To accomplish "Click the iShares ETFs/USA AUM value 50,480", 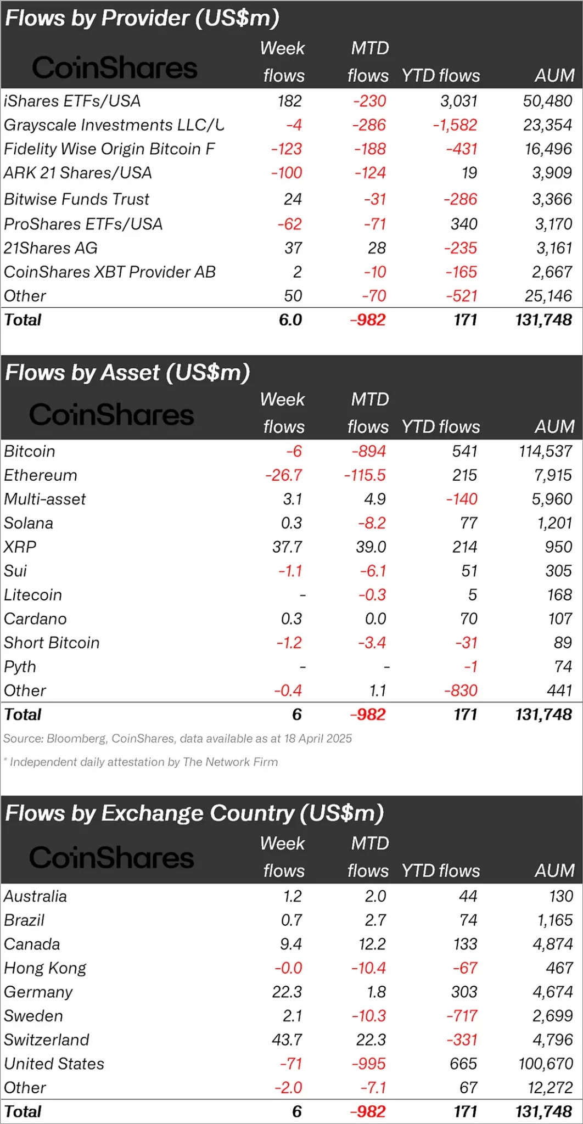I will [547, 101].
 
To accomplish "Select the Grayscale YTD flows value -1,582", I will [455, 125].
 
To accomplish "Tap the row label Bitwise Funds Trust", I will [77, 199].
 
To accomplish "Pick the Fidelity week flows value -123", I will [287, 149].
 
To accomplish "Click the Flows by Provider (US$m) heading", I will [142, 19].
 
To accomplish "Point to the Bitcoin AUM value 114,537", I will [545, 451].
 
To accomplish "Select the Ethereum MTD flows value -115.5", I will [365, 475].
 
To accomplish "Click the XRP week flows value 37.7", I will [287, 547].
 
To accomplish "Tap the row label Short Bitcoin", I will [52, 643].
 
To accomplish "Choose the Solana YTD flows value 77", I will [468, 523].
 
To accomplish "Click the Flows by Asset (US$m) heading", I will [128, 373].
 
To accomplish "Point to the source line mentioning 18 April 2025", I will [177, 739].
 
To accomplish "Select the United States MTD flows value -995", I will [369, 1064].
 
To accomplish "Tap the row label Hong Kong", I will [46, 968].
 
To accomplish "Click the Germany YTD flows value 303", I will [464, 992].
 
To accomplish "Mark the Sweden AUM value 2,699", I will [552, 1016].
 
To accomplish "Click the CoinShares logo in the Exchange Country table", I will [111, 858].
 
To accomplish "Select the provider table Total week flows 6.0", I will [290, 320].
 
